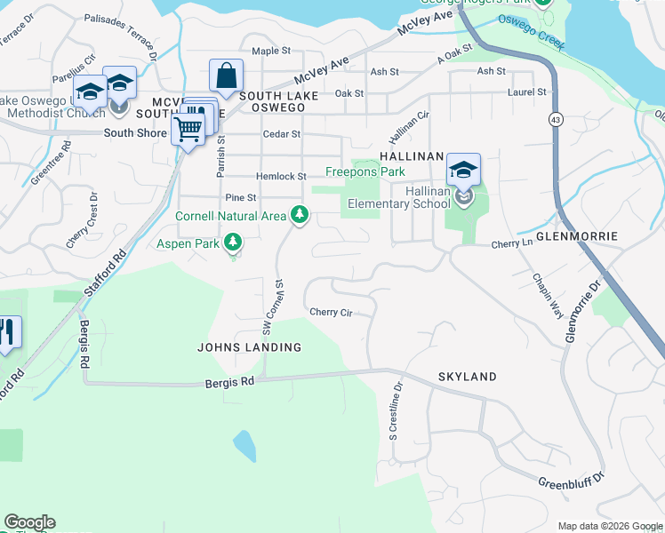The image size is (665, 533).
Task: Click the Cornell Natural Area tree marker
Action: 300,215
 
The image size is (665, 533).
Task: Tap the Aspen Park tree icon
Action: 233,242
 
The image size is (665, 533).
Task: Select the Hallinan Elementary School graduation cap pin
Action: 463,169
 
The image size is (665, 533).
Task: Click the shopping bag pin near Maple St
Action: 226,76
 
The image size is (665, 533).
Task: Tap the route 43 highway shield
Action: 555,120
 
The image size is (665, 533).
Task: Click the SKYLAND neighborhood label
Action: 467,378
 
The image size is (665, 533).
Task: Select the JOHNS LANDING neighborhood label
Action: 249,347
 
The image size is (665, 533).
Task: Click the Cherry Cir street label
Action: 332,312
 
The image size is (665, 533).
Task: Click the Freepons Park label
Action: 365,171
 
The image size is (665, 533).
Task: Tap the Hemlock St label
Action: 281,177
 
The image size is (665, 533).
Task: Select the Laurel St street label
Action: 528,92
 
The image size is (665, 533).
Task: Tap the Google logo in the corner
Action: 29,522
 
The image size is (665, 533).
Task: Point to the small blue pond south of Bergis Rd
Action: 244,445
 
